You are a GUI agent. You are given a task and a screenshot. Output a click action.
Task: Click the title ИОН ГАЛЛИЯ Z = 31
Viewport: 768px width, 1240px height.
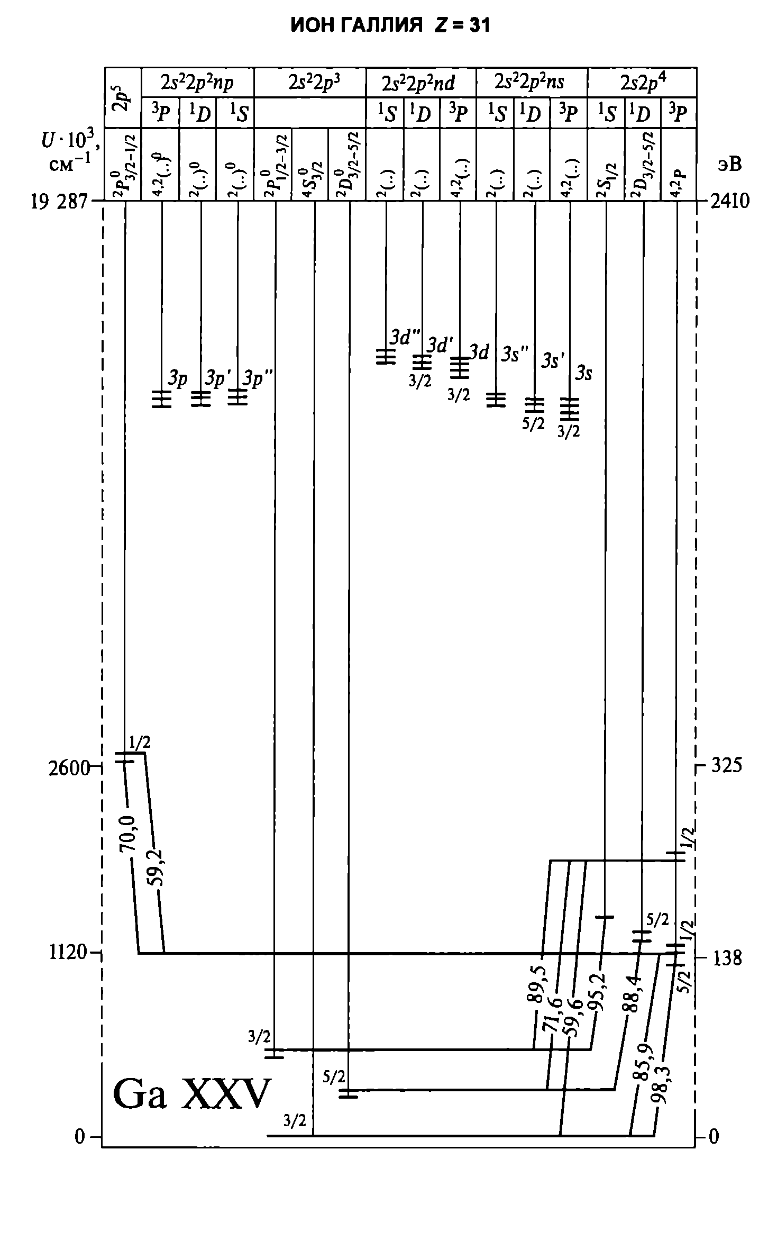tap(390, 25)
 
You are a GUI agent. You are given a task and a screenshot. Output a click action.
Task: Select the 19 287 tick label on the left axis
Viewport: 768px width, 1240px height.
tap(58, 202)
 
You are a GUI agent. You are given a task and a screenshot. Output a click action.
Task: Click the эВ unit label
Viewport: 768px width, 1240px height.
tap(729, 165)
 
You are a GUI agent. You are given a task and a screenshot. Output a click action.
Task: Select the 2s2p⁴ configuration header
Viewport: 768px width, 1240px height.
tap(643, 83)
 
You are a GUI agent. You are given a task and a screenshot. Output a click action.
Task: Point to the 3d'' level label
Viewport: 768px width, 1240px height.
tap(405, 337)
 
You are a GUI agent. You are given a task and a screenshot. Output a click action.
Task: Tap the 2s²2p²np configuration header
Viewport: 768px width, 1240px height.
tap(197, 83)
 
